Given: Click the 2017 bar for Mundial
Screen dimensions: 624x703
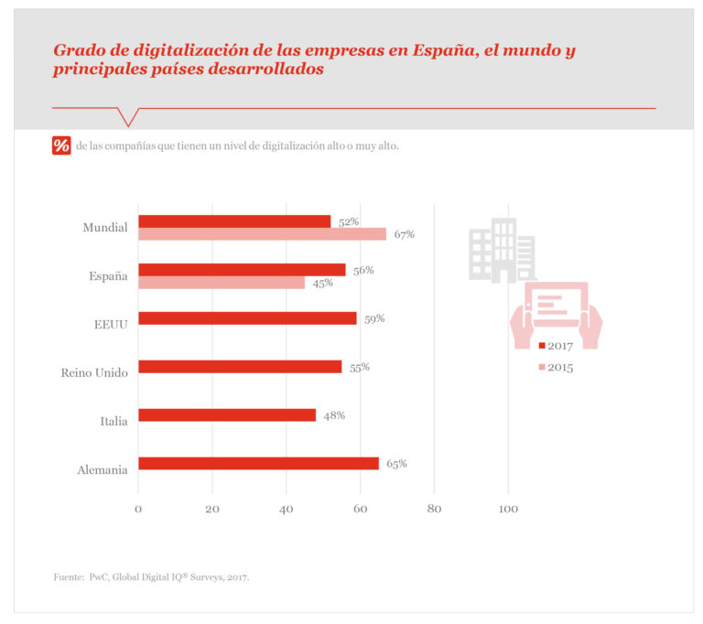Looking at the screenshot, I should click(x=234, y=221).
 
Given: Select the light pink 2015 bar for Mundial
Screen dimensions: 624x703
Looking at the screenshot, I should click(x=262, y=234).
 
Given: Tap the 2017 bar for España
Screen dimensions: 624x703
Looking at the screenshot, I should click(x=242, y=270).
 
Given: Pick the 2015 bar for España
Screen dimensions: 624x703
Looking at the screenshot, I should click(x=222, y=283).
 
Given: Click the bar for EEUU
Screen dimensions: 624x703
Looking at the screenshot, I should click(x=247, y=318).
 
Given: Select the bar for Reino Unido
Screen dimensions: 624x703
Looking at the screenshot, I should click(x=240, y=367).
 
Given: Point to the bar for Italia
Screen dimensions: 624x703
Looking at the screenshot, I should click(x=227, y=415).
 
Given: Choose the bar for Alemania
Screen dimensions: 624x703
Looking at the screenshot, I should click(x=258, y=464).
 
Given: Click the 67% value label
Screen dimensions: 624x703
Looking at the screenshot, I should click(x=405, y=234).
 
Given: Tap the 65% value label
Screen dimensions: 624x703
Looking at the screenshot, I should click(x=396, y=464).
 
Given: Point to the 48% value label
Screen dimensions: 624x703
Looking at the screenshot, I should click(x=334, y=415).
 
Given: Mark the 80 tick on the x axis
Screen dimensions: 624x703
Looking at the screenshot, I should click(x=434, y=509).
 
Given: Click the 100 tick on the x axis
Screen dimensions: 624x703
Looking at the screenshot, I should click(x=507, y=509).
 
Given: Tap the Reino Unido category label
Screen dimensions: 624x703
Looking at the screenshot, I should click(x=94, y=372).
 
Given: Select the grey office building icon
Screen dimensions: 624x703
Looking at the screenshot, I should click(x=501, y=250).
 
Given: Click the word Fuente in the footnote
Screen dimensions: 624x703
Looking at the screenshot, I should click(x=68, y=577).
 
